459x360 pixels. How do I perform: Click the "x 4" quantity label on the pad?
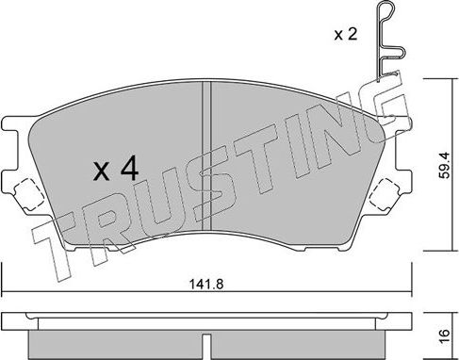pyautogui.click(x=117, y=171)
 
